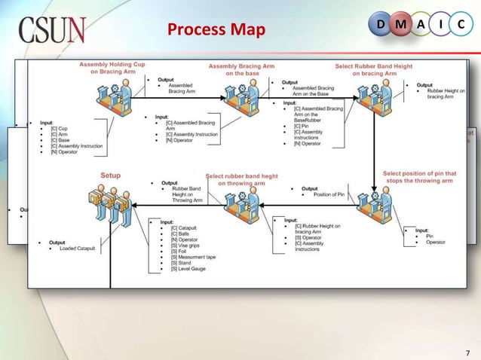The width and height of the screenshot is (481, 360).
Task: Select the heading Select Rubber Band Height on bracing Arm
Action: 374,69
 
